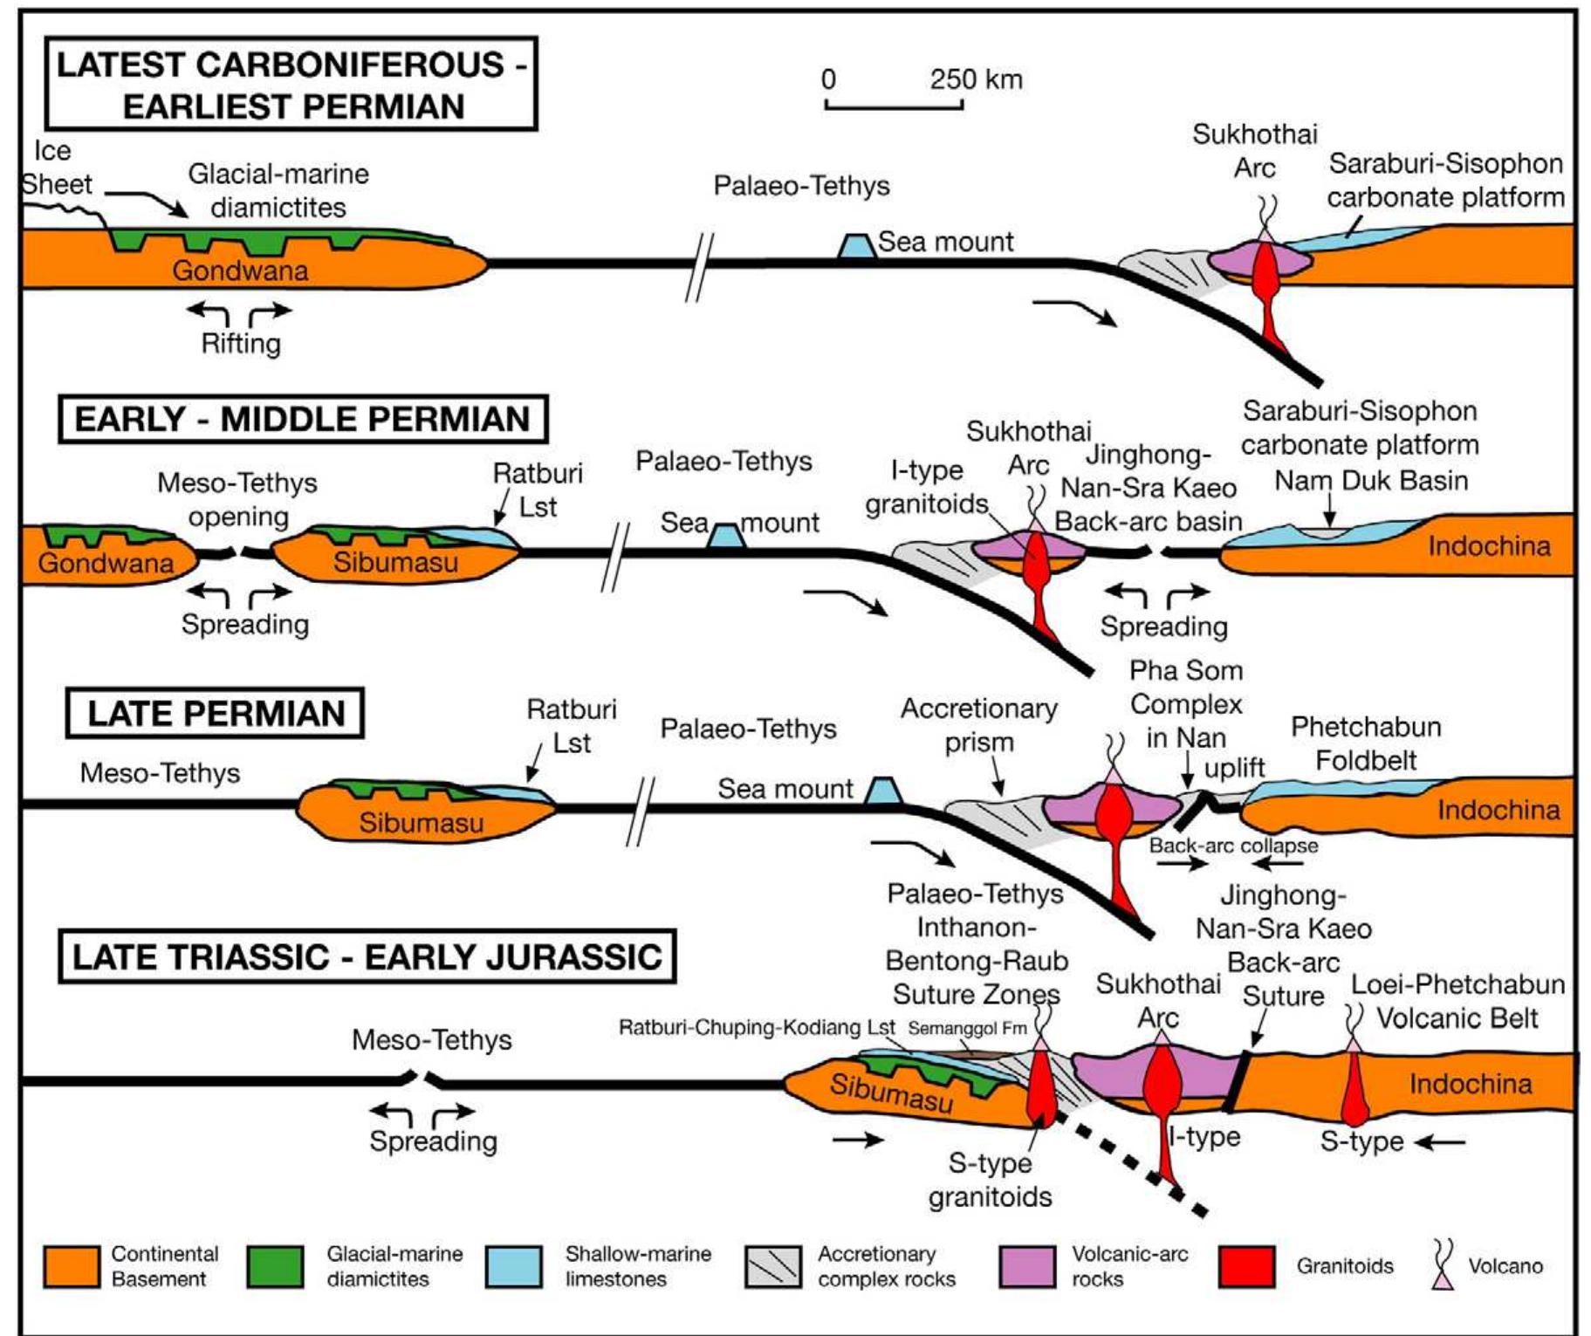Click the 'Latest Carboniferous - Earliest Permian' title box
click(x=291, y=84)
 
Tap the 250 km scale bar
click(x=894, y=104)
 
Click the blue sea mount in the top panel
click(x=856, y=246)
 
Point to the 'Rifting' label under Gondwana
click(x=241, y=344)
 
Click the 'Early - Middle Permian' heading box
click(x=303, y=419)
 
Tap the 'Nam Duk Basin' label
click(x=1371, y=481)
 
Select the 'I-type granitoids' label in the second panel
click(x=927, y=487)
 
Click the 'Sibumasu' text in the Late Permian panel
click(x=421, y=823)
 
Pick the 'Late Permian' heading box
click(x=216, y=714)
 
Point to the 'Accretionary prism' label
click(x=978, y=725)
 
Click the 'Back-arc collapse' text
click(x=1233, y=846)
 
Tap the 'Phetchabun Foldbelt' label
click(x=1366, y=743)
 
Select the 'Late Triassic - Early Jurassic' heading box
click(x=367, y=957)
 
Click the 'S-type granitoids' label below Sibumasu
click(x=990, y=1180)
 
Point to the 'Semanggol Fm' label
click(x=967, y=1028)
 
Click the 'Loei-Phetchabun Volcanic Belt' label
click(x=1457, y=1001)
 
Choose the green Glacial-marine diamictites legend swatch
click(x=275, y=1267)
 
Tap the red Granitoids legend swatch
click(x=1246, y=1267)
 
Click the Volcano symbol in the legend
click(x=1444, y=1265)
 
